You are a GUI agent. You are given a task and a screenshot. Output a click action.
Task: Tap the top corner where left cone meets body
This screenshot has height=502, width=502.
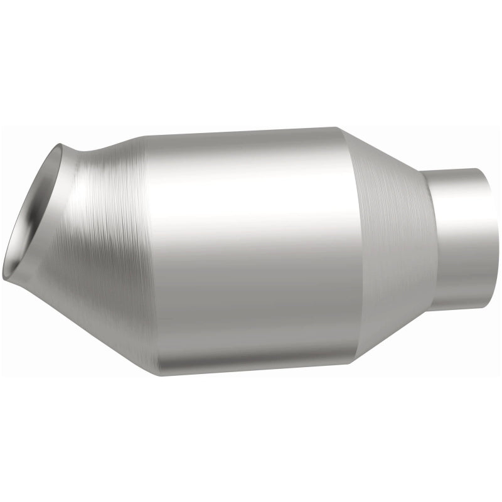coord(142,136)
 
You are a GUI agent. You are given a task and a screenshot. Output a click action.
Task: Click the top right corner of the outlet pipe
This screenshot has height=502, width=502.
coord(483,170)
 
